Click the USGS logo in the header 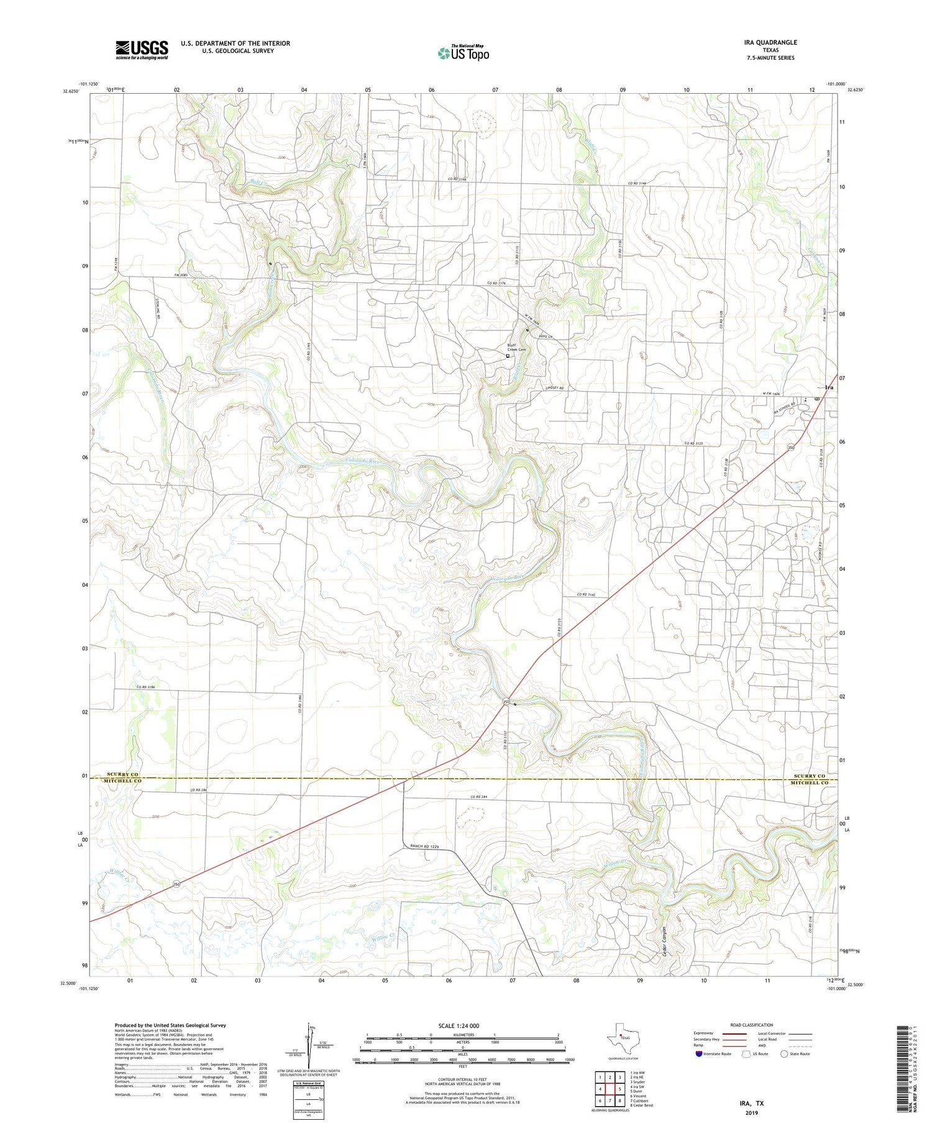click(142, 50)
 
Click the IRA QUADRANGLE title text click(770, 42)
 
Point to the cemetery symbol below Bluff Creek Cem click(508, 356)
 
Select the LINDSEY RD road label click(554, 388)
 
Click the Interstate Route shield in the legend click(699, 1054)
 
